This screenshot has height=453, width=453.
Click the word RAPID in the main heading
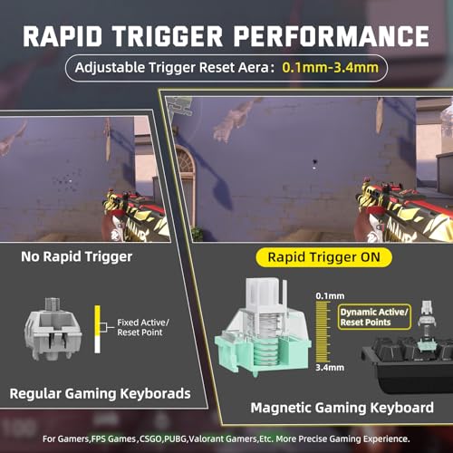click(63, 36)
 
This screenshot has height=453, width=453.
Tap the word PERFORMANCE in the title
click(331, 36)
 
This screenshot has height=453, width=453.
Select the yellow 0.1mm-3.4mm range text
click(330, 68)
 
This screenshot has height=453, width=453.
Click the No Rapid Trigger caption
click(76, 257)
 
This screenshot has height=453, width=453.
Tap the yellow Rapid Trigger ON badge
click(323, 257)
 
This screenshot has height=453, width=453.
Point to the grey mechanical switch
click(53, 329)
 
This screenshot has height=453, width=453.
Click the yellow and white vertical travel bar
click(97, 329)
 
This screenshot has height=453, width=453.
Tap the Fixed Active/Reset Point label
click(143, 327)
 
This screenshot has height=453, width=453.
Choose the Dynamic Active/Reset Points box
click(374, 317)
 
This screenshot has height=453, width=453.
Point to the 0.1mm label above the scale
click(330, 296)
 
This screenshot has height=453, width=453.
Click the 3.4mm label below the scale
click(330, 368)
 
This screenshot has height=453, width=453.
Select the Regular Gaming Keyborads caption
click(100, 393)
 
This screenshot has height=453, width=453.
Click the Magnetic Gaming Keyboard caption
click(342, 408)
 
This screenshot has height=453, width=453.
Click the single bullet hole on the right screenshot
click(314, 162)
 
